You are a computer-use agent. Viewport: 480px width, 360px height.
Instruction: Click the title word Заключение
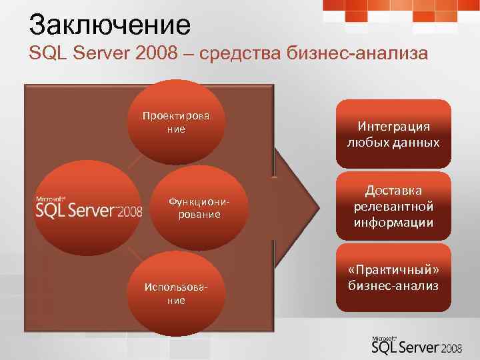110,25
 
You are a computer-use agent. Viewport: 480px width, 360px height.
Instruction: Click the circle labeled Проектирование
176,121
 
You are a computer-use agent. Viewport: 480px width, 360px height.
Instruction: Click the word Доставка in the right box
393,191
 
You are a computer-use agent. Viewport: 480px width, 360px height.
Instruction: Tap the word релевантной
393,206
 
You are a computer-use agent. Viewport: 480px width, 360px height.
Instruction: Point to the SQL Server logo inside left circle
89,209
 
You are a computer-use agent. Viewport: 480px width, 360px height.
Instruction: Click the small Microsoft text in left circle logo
50,198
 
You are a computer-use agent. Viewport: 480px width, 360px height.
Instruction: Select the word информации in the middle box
393,221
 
